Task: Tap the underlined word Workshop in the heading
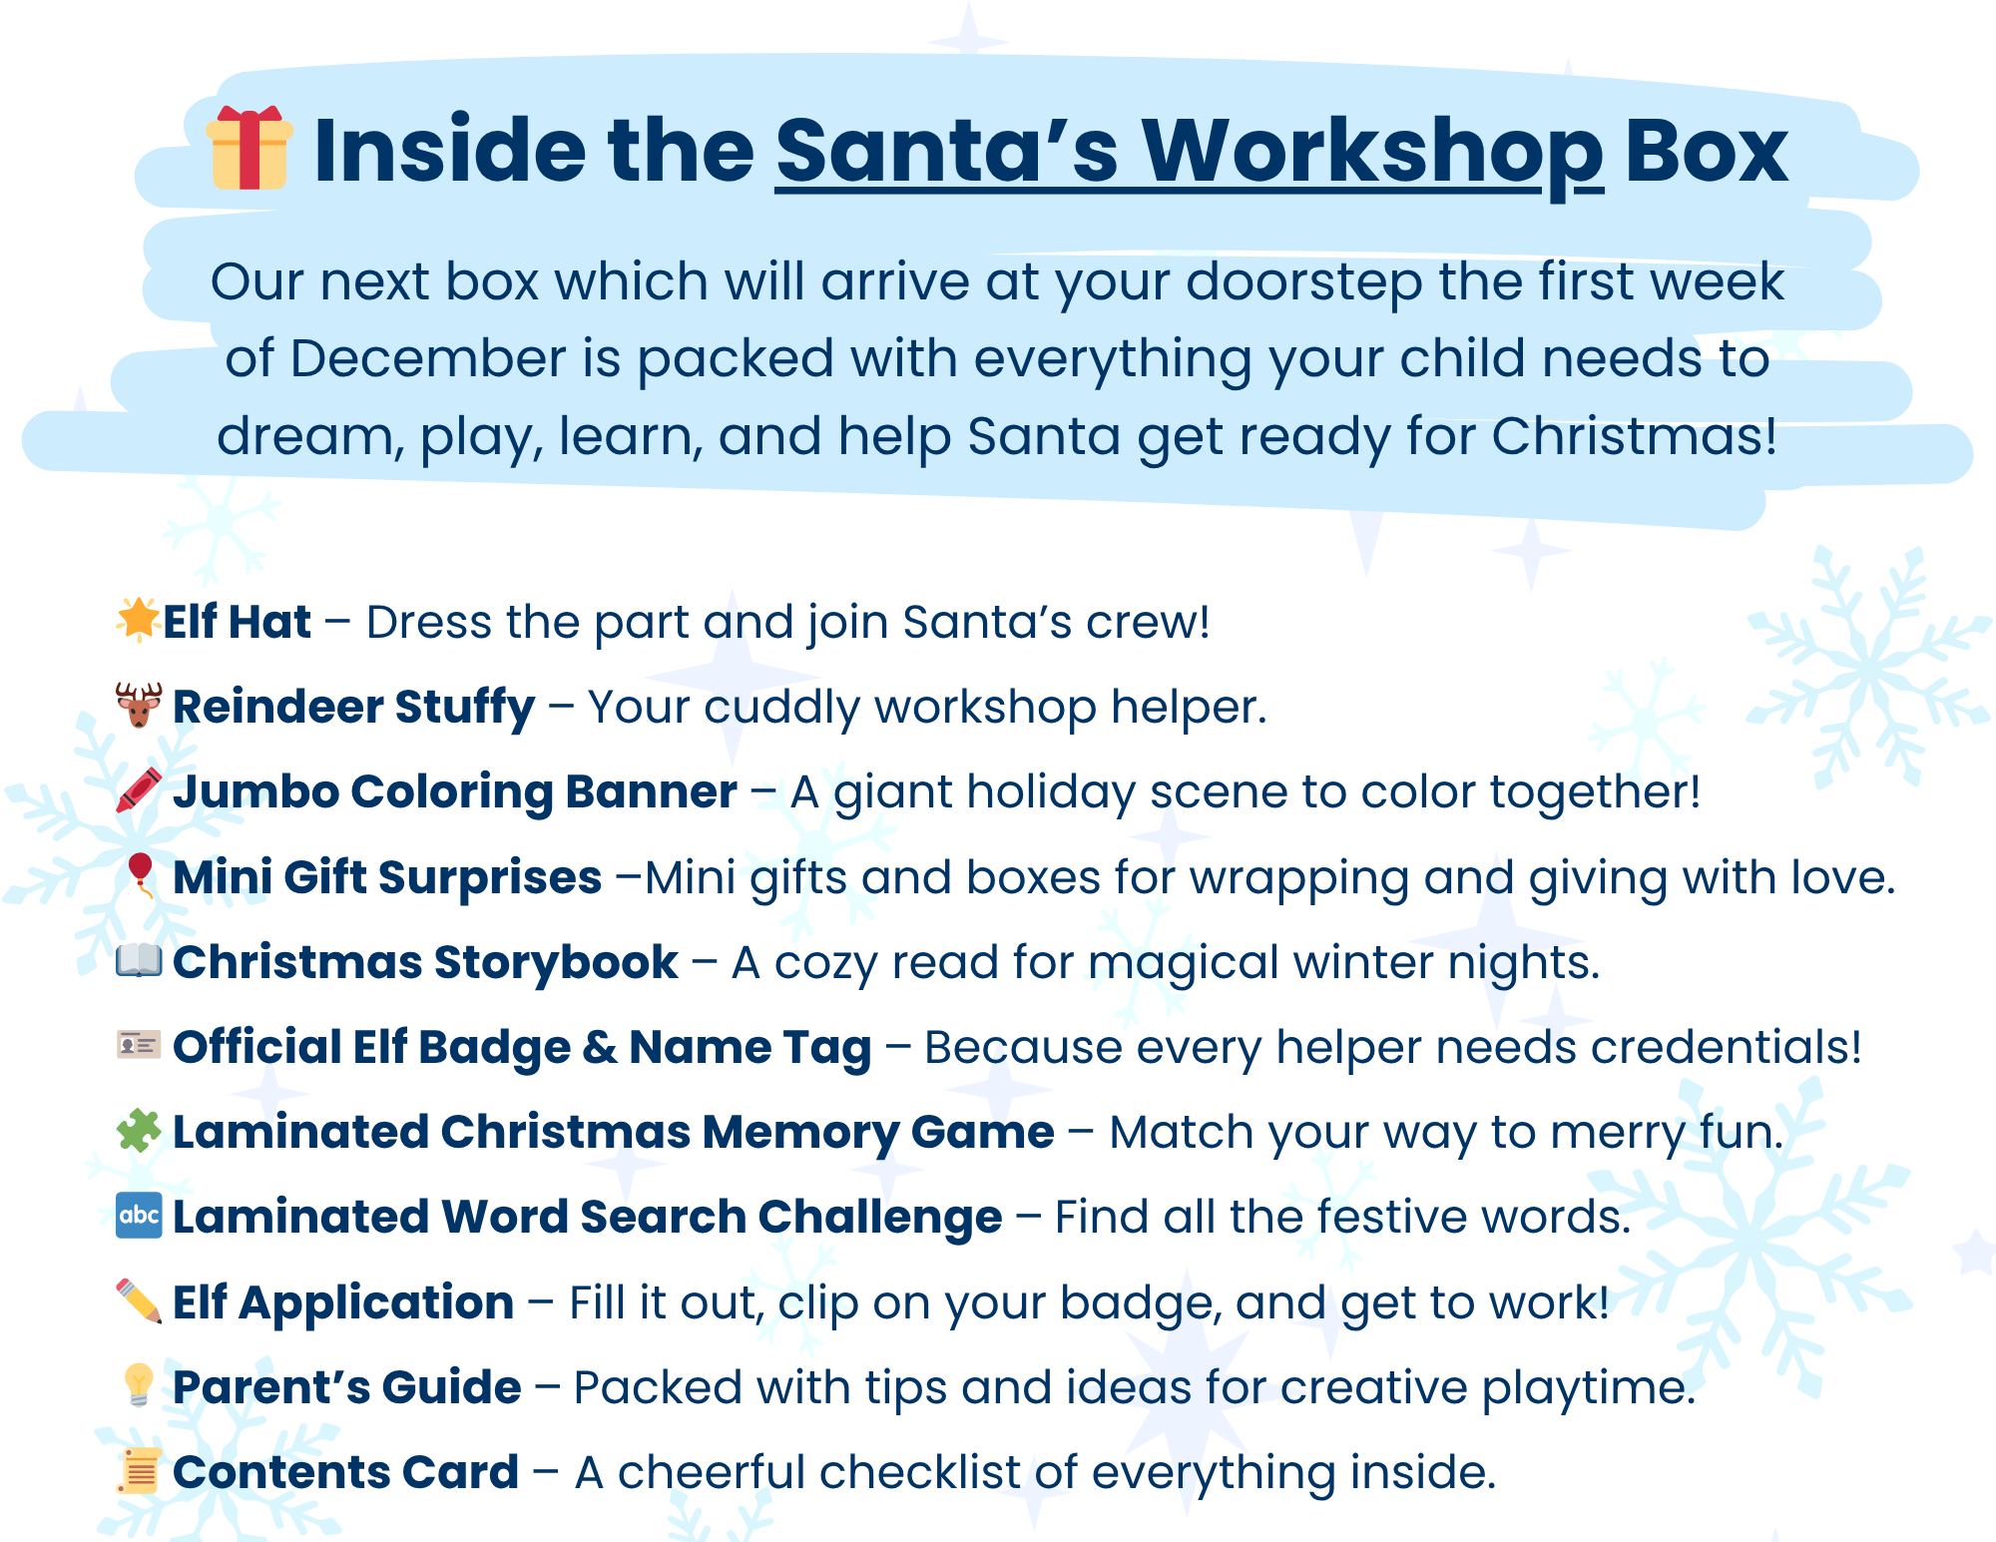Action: [1371, 152]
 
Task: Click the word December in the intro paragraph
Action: [427, 358]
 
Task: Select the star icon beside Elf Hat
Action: [138, 619]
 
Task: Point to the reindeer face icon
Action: [139, 705]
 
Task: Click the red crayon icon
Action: [139, 789]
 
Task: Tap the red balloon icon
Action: [140, 874]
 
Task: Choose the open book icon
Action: [139, 960]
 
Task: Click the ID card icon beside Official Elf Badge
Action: [139, 1045]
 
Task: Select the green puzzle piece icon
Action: [139, 1131]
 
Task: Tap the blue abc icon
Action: [139, 1215]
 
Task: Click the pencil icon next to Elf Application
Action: [139, 1300]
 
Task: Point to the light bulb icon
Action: [139, 1385]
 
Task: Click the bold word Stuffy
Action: [465, 708]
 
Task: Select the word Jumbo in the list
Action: [255, 792]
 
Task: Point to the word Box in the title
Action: [1707, 152]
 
